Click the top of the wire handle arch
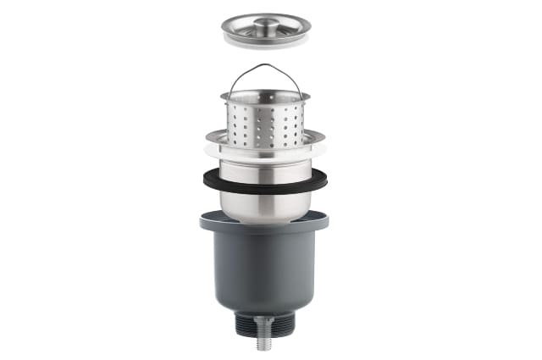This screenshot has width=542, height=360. tap(265, 66)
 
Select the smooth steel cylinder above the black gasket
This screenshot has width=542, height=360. tap(265, 169)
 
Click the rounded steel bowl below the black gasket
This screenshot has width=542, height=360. tap(265, 207)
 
